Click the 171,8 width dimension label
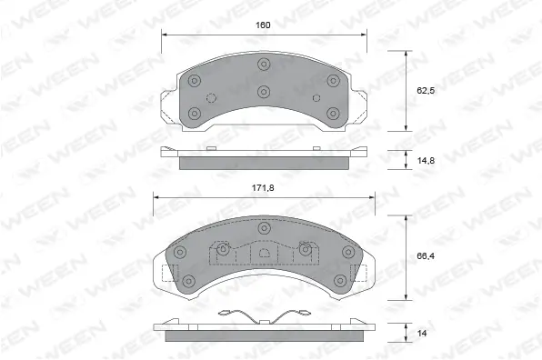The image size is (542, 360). [263, 187]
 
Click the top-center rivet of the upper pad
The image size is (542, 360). [264, 64]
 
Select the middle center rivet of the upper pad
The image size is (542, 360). [264, 91]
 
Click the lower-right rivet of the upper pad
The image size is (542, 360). [332, 114]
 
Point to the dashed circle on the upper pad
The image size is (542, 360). [211, 98]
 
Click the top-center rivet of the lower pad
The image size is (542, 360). [264, 227]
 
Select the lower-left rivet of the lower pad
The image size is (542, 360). [189, 281]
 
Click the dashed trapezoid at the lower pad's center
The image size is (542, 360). [263, 255]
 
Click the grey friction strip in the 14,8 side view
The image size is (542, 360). [263, 164]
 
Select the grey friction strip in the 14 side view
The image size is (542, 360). [263, 337]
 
